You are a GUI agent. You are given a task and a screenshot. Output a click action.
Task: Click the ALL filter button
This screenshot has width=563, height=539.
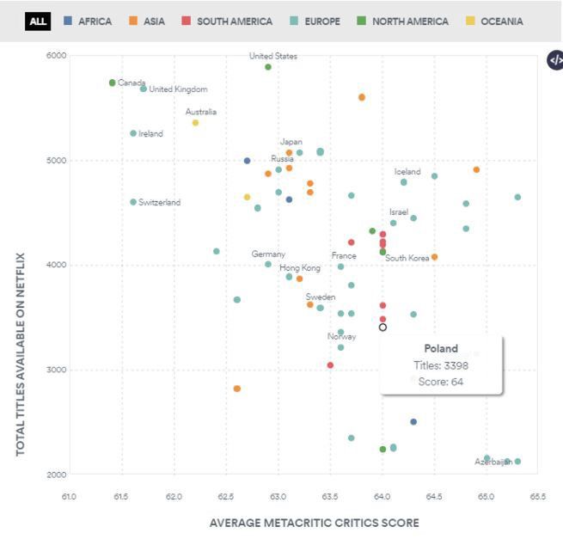click(x=38, y=21)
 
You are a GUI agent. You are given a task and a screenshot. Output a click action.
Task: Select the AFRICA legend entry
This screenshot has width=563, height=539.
click(x=88, y=21)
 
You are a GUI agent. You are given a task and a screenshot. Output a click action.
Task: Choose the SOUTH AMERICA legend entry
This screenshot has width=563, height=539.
click(x=227, y=21)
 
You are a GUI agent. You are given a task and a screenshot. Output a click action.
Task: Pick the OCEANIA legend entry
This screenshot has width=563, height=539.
click(x=494, y=21)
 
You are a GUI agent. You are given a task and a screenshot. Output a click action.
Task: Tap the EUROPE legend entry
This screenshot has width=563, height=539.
click(x=315, y=21)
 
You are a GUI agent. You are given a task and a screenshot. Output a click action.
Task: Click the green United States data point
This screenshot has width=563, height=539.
click(x=268, y=67)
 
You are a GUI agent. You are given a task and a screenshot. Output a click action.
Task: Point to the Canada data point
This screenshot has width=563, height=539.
click(x=113, y=83)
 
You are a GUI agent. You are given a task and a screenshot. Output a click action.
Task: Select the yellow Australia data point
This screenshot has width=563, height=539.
click(x=195, y=123)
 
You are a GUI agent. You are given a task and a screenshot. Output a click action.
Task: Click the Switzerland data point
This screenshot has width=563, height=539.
click(x=133, y=202)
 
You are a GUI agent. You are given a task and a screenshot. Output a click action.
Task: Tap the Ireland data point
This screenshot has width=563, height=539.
click(x=133, y=133)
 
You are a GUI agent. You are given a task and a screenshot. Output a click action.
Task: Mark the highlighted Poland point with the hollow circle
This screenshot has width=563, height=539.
click(x=382, y=327)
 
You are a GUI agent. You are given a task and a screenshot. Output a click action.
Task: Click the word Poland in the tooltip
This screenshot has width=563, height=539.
click(x=441, y=348)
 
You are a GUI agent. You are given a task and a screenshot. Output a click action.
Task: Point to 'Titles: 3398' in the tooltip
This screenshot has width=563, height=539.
click(x=441, y=365)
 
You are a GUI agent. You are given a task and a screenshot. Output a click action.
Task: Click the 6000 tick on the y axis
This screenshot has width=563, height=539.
click(x=56, y=56)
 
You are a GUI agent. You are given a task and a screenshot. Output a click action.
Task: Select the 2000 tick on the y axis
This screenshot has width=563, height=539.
click(x=56, y=475)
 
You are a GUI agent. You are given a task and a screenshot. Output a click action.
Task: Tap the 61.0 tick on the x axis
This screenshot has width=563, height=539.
click(x=70, y=497)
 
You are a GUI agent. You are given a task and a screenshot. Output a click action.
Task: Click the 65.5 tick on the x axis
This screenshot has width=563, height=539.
click(x=538, y=497)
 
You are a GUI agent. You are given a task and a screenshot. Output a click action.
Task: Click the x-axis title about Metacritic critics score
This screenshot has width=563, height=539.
click(x=314, y=523)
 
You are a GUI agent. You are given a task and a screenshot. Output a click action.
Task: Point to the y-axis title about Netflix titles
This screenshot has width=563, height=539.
click(x=20, y=353)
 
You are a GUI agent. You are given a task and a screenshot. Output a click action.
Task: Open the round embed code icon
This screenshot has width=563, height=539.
click(x=555, y=60)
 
